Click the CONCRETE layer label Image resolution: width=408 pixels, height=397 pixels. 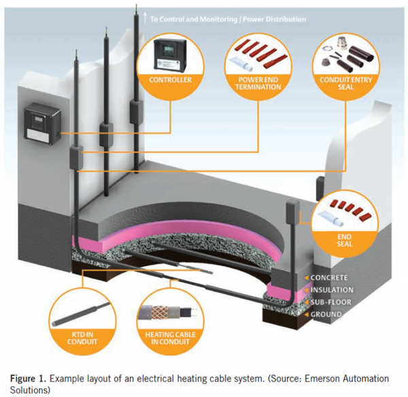tap(328, 277)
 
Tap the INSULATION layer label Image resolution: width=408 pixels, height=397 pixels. tap(332, 290)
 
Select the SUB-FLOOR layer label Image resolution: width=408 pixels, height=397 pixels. tap(330, 302)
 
